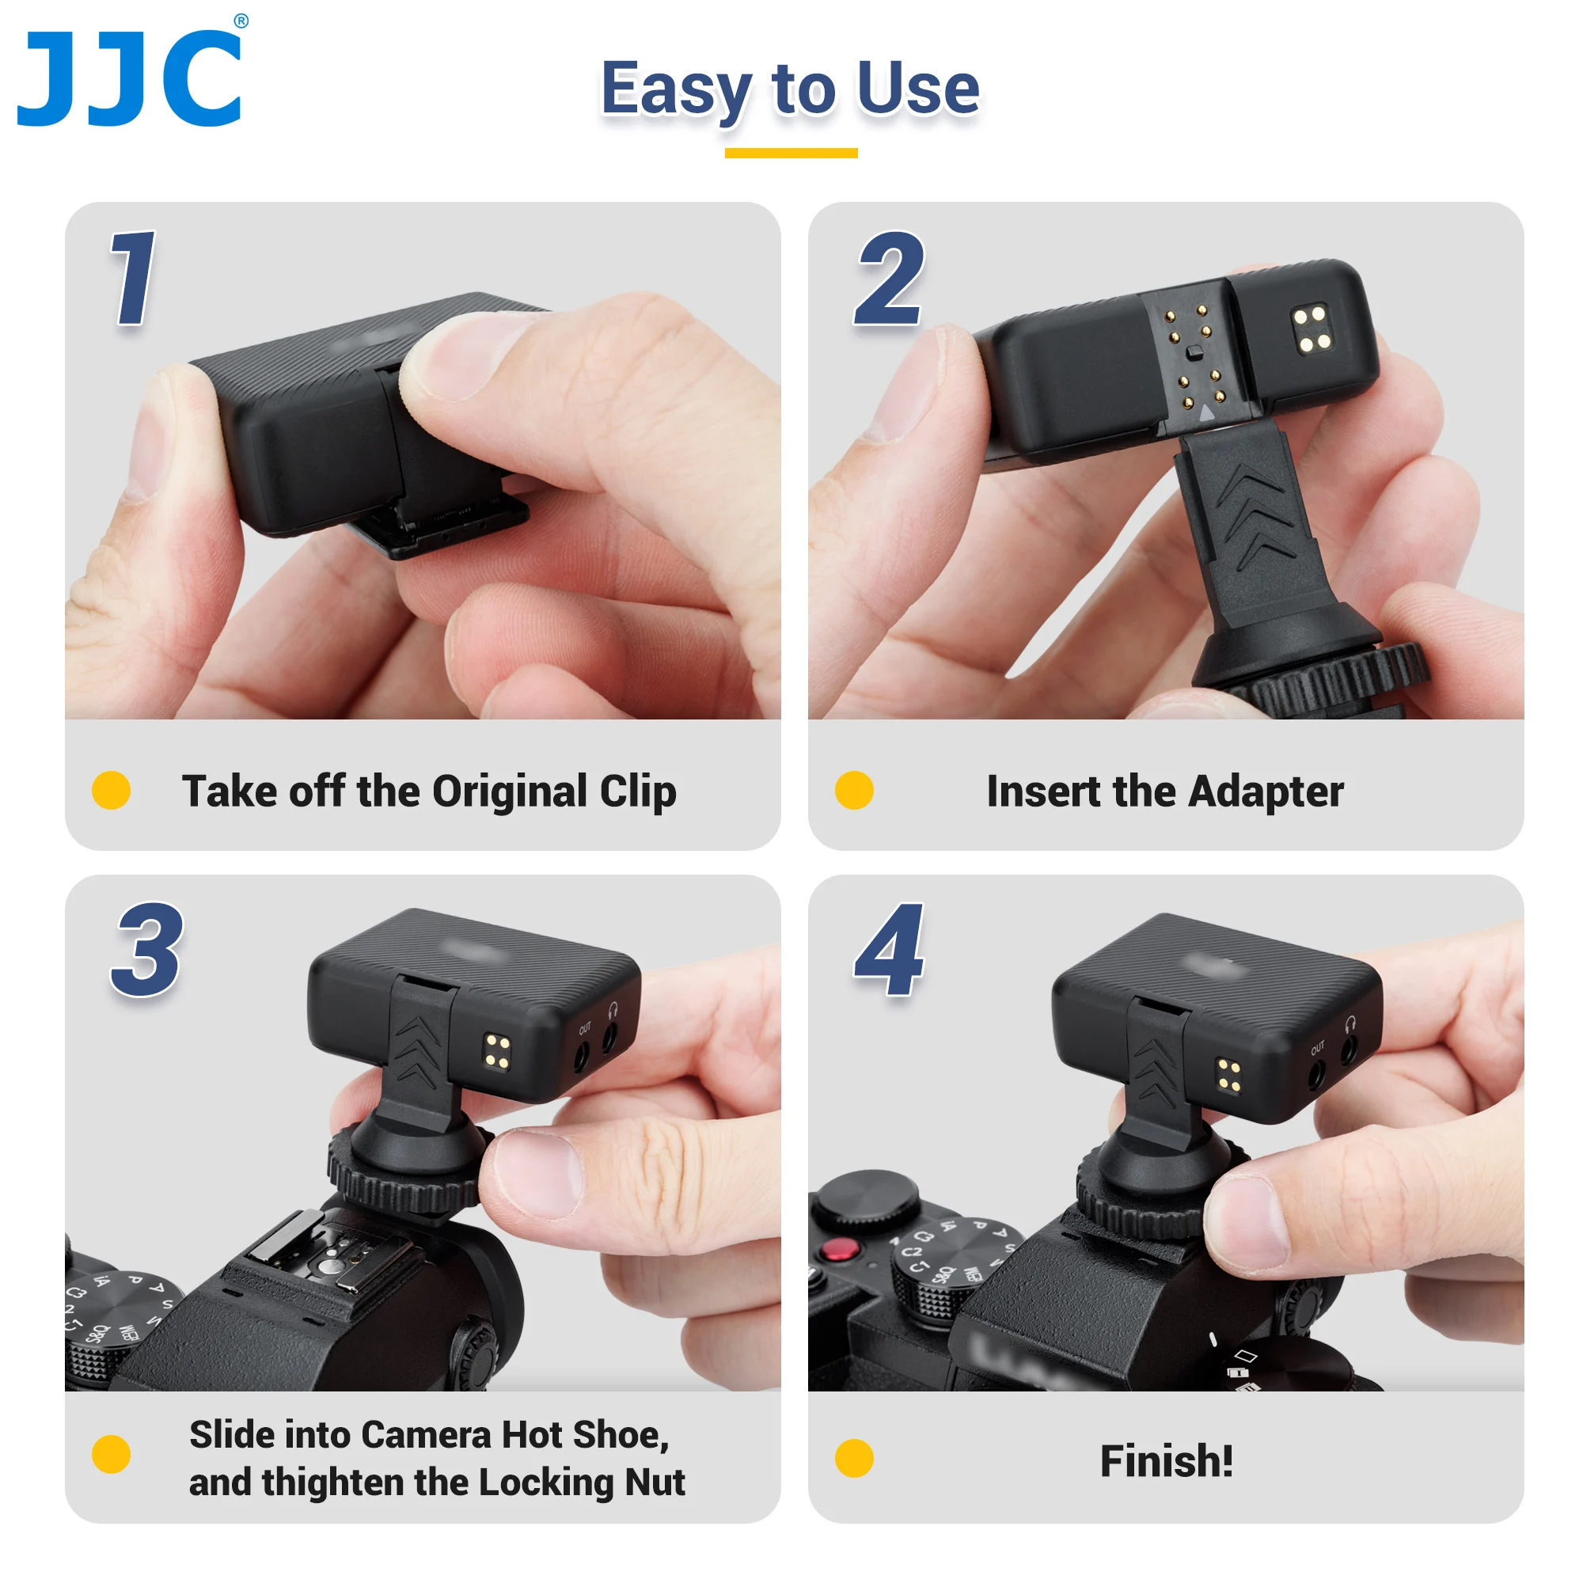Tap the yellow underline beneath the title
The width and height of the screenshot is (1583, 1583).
(x=791, y=154)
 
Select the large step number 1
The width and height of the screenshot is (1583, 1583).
(x=134, y=278)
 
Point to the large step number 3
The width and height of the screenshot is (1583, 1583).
(x=147, y=950)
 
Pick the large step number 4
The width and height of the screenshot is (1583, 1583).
(x=890, y=950)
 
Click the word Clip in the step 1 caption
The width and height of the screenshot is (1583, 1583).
(x=638, y=791)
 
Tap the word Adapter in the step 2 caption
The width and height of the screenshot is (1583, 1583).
(x=1265, y=791)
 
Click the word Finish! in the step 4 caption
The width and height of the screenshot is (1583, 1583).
(x=1166, y=1461)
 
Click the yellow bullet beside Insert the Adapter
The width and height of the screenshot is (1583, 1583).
(x=854, y=791)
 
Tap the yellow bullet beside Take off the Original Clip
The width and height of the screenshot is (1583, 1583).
(x=112, y=791)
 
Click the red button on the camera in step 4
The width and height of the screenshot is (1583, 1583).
(x=838, y=1251)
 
